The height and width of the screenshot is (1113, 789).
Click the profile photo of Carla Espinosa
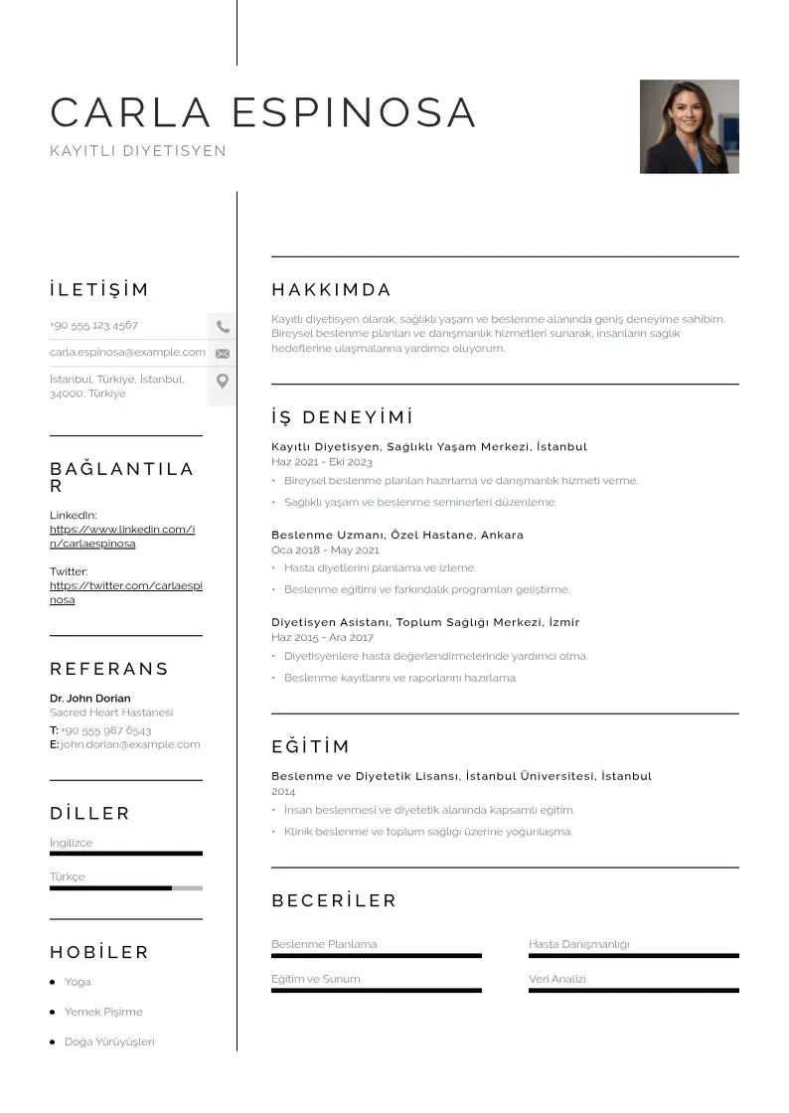click(689, 126)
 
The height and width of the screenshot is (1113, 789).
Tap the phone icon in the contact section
click(223, 326)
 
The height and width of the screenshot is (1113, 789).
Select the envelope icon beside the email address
click(223, 353)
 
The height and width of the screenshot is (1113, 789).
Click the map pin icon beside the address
click(223, 381)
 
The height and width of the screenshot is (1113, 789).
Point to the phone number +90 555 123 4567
click(94, 325)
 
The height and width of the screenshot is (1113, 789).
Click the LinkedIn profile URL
click(122, 537)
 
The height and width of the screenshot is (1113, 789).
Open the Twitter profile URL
click(125, 593)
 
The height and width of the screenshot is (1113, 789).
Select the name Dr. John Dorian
click(89, 698)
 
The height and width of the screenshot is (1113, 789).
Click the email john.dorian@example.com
click(130, 743)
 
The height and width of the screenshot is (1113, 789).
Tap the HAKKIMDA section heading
click(332, 290)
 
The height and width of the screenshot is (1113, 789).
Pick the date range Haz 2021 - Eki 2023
click(322, 462)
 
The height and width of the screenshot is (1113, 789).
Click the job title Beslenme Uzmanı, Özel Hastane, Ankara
click(397, 535)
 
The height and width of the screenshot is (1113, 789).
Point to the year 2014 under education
click(283, 792)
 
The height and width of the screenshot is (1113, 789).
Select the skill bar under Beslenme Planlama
click(376, 956)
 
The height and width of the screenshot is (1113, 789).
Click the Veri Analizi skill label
click(557, 979)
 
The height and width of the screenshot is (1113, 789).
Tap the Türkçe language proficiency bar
click(125, 888)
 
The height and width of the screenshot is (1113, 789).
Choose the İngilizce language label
click(71, 843)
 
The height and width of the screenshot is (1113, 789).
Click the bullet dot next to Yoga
click(53, 982)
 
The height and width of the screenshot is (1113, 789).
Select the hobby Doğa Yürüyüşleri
click(109, 1041)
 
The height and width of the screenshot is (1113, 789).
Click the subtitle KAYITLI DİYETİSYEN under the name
click(138, 151)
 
